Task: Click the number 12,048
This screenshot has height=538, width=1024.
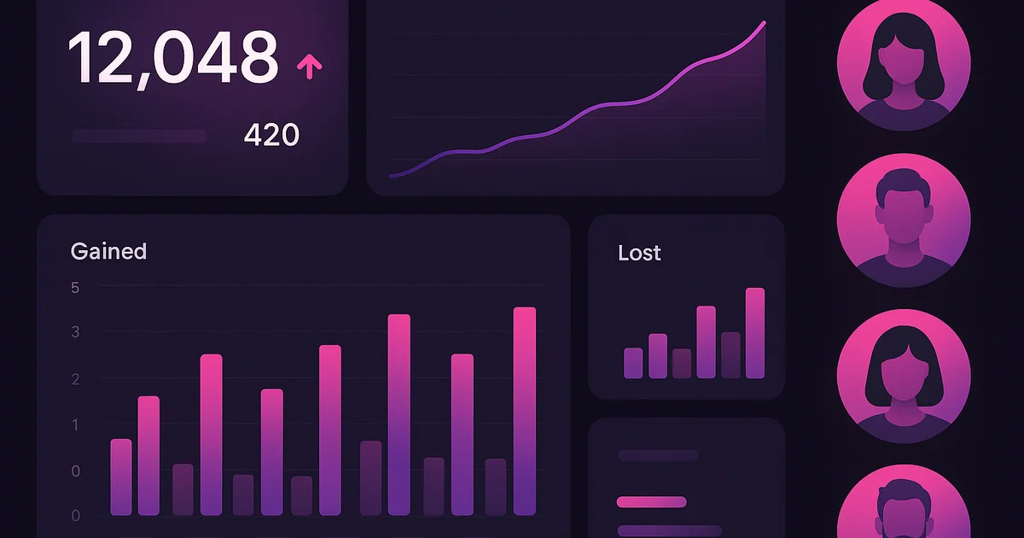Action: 173,58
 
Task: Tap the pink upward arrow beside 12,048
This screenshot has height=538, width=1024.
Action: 308,66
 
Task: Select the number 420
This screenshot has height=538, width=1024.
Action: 271,135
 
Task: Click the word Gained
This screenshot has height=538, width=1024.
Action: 108,251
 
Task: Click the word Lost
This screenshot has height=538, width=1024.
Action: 639,253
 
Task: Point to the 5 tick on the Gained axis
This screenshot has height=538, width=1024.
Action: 75,288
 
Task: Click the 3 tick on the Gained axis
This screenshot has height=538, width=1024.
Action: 75,332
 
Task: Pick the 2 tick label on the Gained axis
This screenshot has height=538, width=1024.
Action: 75,379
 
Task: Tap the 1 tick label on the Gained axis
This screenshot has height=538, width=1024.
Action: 75,425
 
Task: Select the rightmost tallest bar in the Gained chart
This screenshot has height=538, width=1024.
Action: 525,410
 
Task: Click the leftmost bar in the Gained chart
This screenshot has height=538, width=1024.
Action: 121,477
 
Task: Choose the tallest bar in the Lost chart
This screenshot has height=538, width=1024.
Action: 755,333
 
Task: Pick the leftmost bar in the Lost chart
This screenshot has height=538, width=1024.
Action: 633,363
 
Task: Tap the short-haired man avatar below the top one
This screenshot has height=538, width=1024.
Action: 903,219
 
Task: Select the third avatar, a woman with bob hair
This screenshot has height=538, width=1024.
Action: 903,376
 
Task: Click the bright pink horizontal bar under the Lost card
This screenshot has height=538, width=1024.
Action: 651,502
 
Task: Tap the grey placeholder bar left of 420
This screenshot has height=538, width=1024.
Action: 139,136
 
